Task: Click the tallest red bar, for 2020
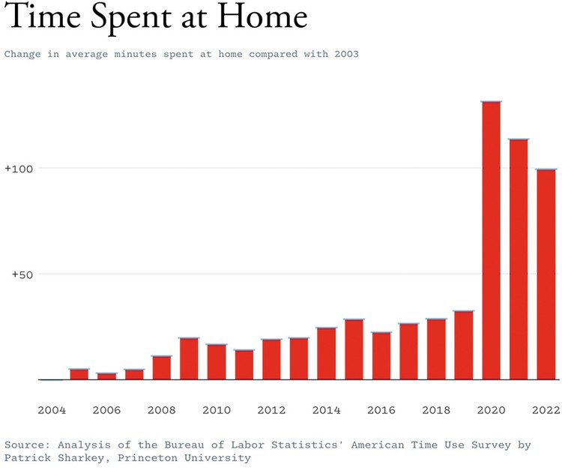492,240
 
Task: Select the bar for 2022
546,274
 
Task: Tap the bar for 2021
519,259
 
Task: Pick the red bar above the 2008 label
162,367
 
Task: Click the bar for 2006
106,376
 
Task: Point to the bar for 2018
436,349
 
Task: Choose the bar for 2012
271,360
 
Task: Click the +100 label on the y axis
19,169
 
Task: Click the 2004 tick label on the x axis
52,410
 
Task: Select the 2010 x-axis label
217,410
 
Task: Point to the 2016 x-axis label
381,410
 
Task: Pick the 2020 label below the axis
492,410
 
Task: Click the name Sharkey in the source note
76,457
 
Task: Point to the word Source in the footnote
25,445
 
